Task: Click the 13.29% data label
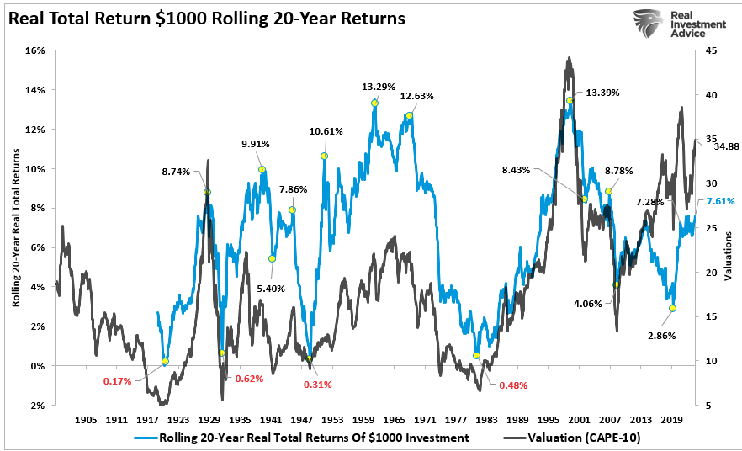click(377, 86)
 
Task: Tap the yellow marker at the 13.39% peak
click(570, 101)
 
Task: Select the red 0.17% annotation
click(118, 381)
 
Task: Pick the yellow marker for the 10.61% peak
click(324, 157)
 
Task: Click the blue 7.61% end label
click(721, 201)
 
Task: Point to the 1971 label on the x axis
click(425, 418)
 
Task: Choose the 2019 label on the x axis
click(671, 418)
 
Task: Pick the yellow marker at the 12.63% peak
click(409, 116)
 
